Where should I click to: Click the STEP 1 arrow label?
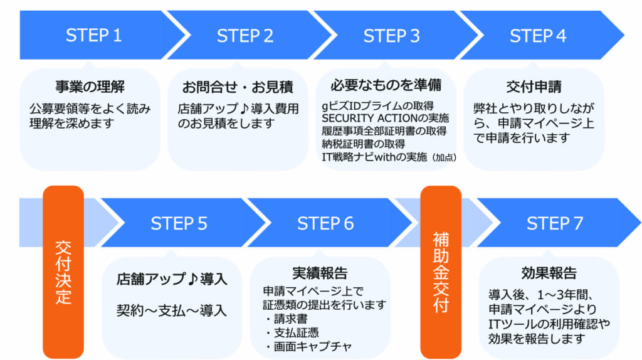coord(94,36)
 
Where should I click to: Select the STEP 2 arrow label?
coord(245,36)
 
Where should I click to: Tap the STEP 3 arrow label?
coord(391,36)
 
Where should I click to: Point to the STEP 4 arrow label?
coord(538,36)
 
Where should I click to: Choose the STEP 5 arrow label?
coord(179,224)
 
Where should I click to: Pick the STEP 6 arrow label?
coord(325,224)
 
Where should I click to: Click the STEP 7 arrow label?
coord(555,224)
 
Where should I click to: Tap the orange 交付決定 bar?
coord(63,272)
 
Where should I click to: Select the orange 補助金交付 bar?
coord(441,272)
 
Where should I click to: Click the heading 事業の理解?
coord(90,87)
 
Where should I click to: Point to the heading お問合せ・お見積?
coord(238,87)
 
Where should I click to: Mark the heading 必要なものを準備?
coord(386,85)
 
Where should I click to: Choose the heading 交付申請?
coord(534,87)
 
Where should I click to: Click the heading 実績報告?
coord(320,273)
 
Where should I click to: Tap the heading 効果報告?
coord(549,273)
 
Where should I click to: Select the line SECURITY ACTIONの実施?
coord(386,119)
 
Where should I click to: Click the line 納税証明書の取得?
coord(363,144)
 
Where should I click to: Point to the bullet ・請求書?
coord(285,319)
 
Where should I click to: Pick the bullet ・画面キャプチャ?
coord(307,346)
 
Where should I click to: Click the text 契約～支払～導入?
coord(172,310)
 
